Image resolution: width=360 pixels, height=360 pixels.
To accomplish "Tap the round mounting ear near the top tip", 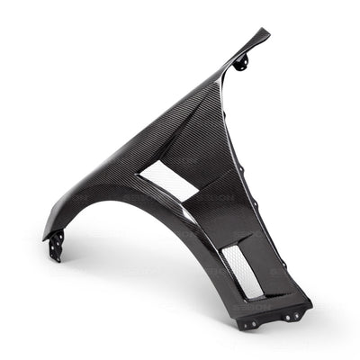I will [x=241, y=62].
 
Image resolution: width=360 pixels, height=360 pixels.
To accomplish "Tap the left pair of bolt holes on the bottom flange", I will [x=252, y=321].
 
